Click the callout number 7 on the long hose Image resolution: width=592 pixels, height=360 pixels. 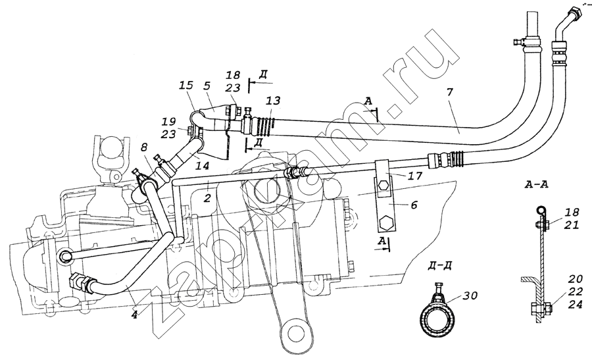click(451, 91)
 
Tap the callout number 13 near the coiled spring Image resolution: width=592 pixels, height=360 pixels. click(273, 101)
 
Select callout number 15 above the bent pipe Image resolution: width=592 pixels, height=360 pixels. click(185, 86)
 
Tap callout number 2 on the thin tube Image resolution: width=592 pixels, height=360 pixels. click(207, 198)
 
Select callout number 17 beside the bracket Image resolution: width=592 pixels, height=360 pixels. click(414, 175)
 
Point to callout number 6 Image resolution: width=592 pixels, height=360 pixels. click(414, 205)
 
